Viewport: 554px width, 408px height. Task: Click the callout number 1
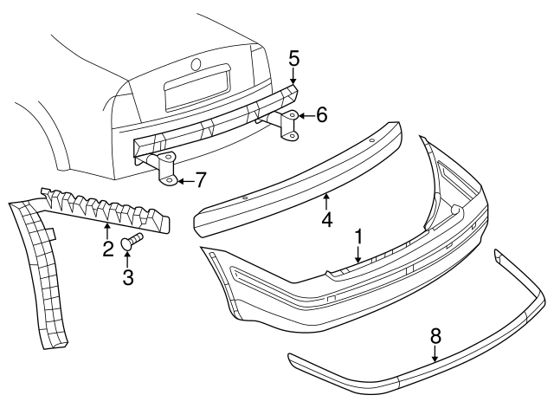[x=357, y=236]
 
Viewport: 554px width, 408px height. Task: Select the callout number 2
[x=108, y=250]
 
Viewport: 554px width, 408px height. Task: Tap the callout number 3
[x=128, y=278]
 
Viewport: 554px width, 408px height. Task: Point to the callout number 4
[x=327, y=220]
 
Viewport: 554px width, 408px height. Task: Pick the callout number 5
[x=293, y=58]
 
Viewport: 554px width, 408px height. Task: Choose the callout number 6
[x=321, y=113]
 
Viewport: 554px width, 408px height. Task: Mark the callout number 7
[x=200, y=180]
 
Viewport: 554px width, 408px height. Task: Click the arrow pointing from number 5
[x=293, y=76]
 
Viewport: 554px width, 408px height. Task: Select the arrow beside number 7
[x=184, y=180]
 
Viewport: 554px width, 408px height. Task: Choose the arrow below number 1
[x=357, y=254]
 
